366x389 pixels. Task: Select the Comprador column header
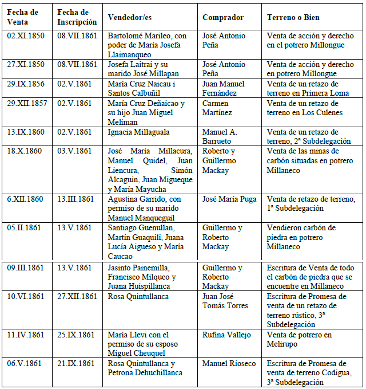(223, 17)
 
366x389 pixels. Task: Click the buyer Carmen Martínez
(218, 108)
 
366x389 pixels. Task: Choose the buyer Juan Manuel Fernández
(224, 89)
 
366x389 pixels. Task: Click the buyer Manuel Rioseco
(229, 363)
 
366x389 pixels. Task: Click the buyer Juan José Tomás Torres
(225, 301)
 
